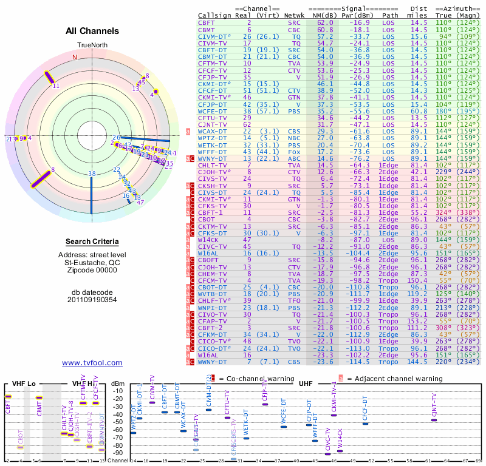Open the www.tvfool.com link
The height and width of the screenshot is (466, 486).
click(x=92, y=363)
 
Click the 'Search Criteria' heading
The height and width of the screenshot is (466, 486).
click(x=92, y=241)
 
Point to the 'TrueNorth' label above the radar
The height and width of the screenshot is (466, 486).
click(x=92, y=46)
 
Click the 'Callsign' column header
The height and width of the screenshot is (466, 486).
click(x=215, y=15)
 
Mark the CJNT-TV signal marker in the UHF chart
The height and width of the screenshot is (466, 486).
click(x=434, y=420)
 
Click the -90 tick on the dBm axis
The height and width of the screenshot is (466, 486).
click(x=118, y=453)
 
